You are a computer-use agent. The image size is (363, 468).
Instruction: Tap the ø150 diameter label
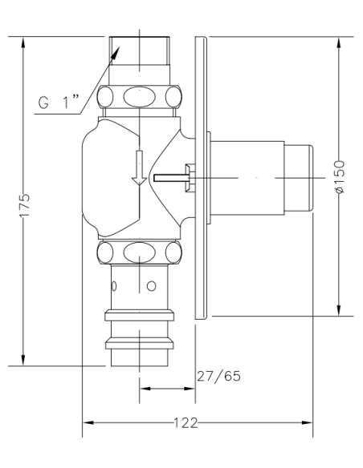[340, 176]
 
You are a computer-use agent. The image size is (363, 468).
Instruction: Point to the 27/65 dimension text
[218, 376]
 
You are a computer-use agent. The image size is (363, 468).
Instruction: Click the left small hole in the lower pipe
[115, 285]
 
